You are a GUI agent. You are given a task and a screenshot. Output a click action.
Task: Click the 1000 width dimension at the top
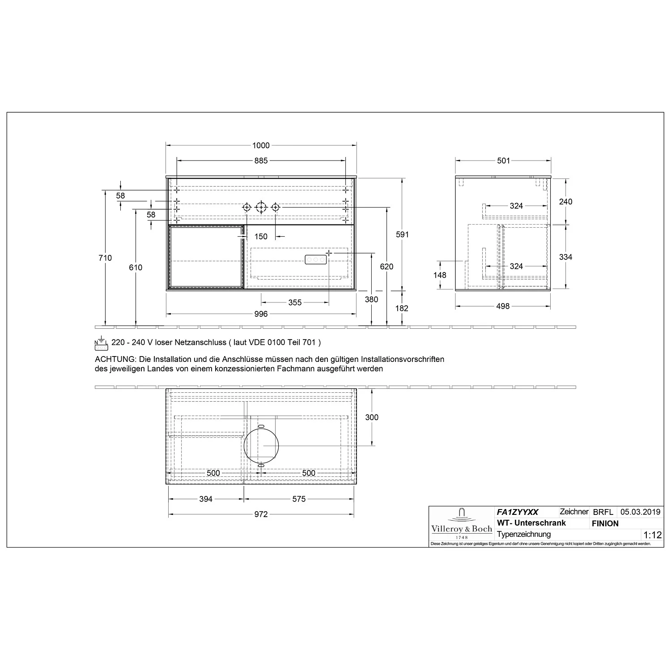[261, 145]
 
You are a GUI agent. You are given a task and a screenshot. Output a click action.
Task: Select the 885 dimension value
[261, 161]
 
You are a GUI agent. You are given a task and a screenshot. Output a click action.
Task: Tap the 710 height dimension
[106, 258]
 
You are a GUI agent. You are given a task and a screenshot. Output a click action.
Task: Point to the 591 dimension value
[403, 234]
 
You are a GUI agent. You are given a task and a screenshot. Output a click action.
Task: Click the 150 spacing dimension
[261, 237]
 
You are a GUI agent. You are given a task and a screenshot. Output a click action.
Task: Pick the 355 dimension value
[295, 303]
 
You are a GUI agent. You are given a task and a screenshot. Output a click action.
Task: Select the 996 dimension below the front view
[261, 314]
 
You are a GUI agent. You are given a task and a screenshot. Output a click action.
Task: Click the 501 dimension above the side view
[503, 161]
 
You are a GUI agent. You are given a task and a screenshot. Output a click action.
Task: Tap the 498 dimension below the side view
[503, 306]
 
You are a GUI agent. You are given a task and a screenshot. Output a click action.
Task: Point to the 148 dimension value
[440, 275]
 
